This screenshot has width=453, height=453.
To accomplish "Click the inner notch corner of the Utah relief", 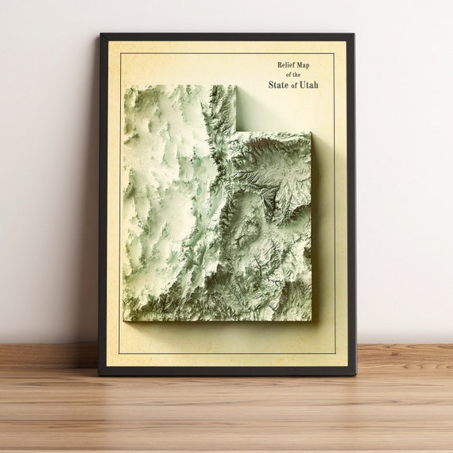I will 237,132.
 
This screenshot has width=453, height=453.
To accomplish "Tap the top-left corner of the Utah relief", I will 124,85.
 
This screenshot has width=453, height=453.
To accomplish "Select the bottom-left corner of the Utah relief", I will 124,320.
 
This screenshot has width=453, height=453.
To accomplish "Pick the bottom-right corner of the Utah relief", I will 312,320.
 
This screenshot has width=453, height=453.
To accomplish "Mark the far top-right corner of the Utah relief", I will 312,133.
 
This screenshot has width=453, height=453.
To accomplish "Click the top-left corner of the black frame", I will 100,33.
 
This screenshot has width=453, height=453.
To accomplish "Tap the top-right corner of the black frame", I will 354,33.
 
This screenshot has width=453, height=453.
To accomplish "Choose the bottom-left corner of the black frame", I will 99,374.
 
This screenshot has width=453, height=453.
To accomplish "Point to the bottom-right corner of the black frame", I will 354,374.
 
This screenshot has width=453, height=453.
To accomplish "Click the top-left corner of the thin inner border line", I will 119,53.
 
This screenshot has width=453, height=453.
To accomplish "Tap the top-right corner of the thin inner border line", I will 335,53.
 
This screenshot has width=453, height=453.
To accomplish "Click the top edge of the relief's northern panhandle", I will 180,85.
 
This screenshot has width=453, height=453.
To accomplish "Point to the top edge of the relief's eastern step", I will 274,133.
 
